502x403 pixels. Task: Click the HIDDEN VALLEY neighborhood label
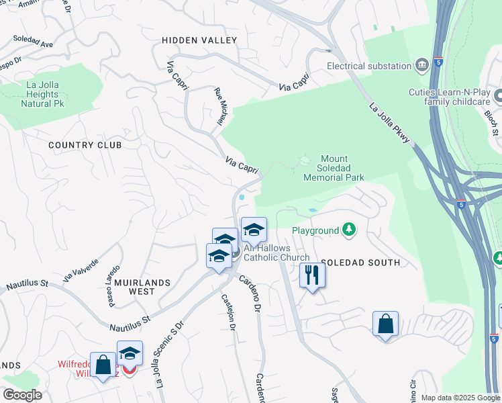pyautogui.click(x=199, y=41)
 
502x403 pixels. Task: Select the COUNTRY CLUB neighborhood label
pyautogui.click(x=85, y=145)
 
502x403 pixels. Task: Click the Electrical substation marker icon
pyautogui.click(x=422, y=65)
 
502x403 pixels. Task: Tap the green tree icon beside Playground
pyautogui.click(x=348, y=230)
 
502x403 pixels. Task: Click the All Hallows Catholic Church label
pyautogui.click(x=277, y=253)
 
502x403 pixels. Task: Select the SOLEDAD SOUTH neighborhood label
pyautogui.click(x=360, y=263)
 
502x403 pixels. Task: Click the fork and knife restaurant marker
pyautogui.click(x=312, y=275)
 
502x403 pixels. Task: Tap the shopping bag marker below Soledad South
pyautogui.click(x=386, y=324)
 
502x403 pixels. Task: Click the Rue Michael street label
pyautogui.click(x=218, y=107)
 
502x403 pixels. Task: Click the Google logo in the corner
pyautogui.click(x=21, y=395)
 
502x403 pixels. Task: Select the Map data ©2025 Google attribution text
pyautogui.click(x=460, y=398)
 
